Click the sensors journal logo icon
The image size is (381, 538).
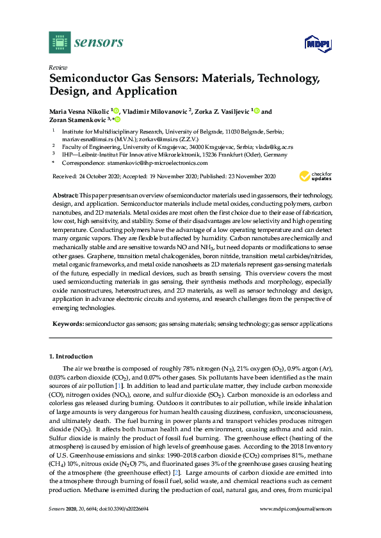[x=59, y=43]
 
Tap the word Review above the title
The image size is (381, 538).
[x=58, y=66]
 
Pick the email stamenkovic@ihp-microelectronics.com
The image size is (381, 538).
[x=158, y=164]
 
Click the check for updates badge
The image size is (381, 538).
[x=314, y=176]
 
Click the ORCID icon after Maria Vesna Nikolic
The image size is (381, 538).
[x=117, y=111]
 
